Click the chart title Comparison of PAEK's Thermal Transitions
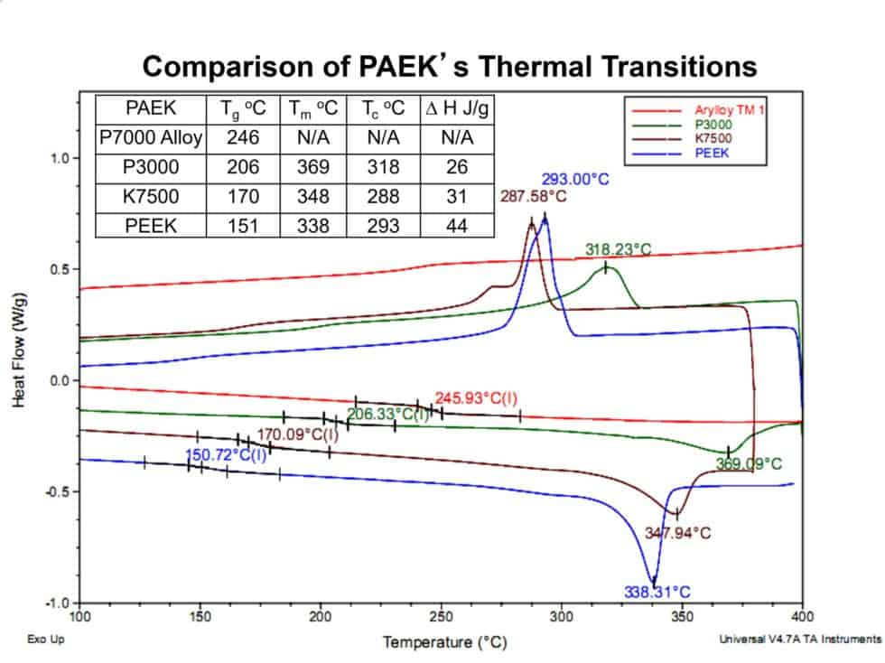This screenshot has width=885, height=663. click(450, 66)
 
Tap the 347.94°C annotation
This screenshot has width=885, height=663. click(677, 533)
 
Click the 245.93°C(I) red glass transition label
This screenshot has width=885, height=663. click(476, 398)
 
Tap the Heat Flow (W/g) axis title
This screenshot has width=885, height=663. click(19, 350)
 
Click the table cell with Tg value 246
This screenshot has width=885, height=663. click(243, 138)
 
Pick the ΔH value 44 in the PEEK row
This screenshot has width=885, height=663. click(456, 226)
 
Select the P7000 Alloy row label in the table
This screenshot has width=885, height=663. click(151, 138)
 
